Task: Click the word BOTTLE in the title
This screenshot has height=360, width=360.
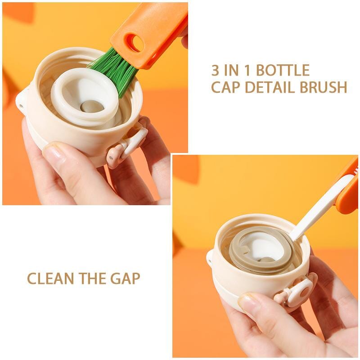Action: [283, 71]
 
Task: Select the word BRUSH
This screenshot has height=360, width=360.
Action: [324, 87]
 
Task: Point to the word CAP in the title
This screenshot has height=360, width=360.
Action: [225, 87]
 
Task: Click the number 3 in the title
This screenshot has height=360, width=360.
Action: [216, 71]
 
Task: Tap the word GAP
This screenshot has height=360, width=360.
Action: [125, 279]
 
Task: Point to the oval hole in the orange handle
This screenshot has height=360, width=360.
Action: [135, 43]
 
